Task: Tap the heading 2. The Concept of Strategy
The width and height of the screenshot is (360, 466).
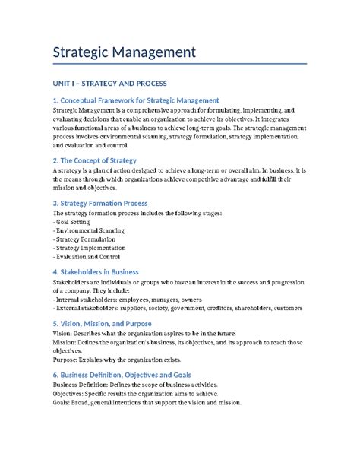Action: pos(94,160)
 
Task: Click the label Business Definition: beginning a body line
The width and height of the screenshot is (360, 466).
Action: pos(84,385)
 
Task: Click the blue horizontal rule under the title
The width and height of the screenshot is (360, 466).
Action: pos(179,64)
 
